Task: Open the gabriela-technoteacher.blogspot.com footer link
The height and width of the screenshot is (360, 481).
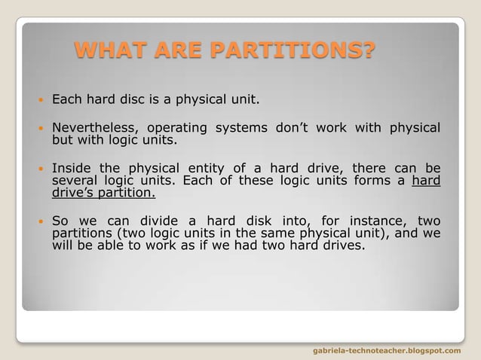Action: pyautogui.click(x=386, y=351)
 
